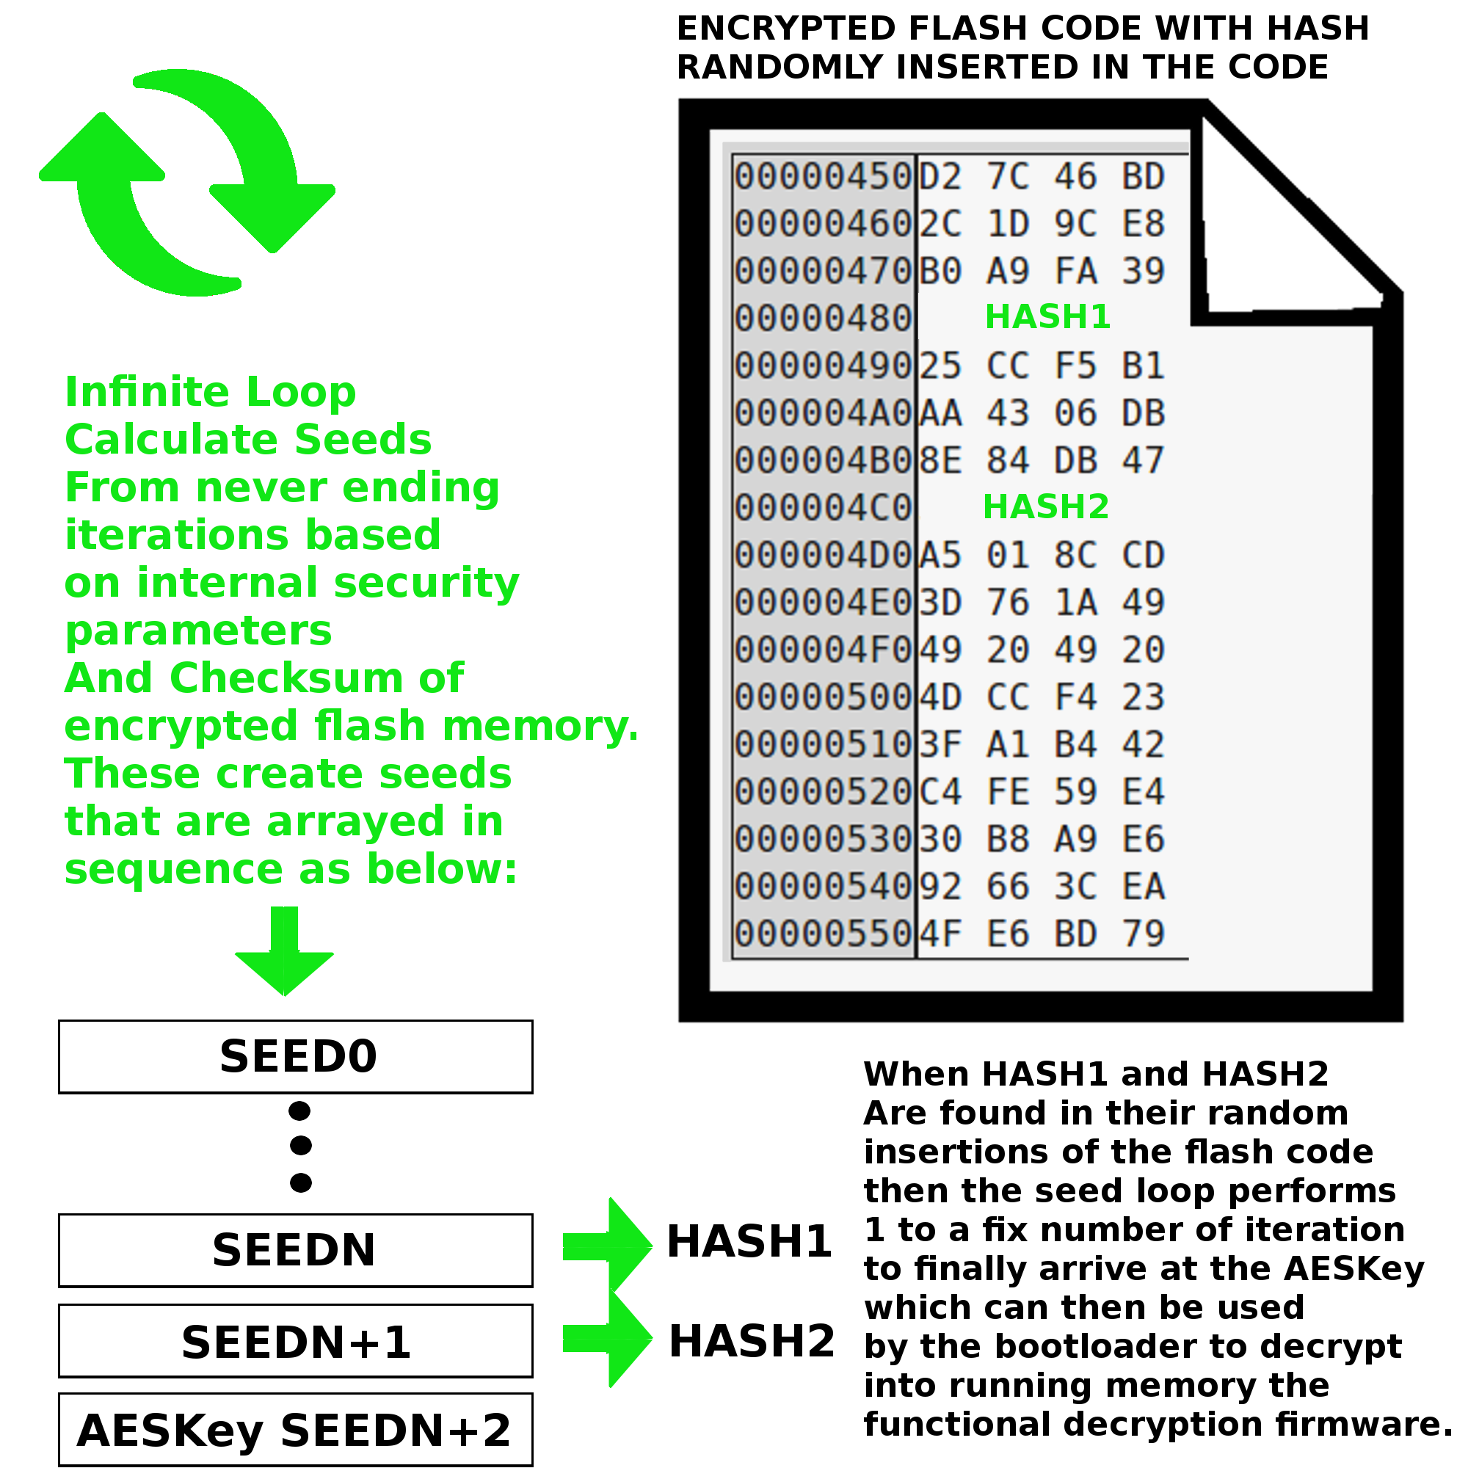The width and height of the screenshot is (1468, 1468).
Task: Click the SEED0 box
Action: (x=296, y=1056)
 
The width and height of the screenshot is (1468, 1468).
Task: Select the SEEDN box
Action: (x=296, y=1250)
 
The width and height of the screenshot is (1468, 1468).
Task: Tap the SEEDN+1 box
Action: (x=296, y=1341)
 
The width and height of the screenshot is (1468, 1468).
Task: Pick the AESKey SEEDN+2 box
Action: (x=296, y=1430)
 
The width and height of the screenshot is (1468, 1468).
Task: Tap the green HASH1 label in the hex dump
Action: (x=1048, y=317)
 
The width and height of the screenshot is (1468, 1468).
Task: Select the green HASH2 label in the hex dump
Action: (x=1045, y=506)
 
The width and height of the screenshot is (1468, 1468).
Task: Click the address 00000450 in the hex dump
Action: (x=823, y=176)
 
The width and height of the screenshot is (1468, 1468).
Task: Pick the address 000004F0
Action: (x=823, y=650)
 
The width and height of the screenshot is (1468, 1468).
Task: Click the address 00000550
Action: (x=823, y=934)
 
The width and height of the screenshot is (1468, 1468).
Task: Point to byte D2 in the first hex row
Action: (x=941, y=176)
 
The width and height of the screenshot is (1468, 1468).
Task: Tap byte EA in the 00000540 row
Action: (x=1144, y=887)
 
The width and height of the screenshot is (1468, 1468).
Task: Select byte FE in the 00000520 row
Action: (x=1009, y=792)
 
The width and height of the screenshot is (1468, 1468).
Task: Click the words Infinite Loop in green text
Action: (x=211, y=392)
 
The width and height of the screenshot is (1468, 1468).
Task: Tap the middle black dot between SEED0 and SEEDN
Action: (x=301, y=1145)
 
